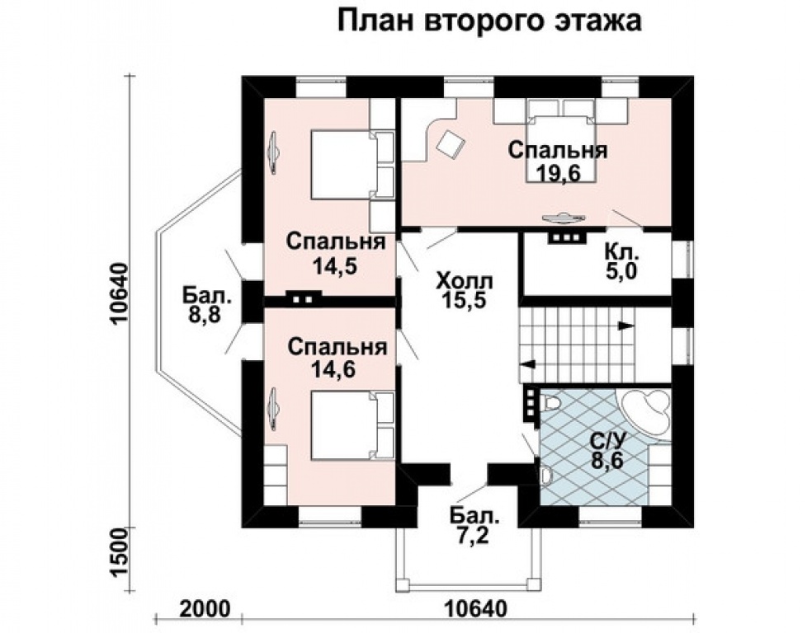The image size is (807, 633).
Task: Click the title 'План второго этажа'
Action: tap(489, 22)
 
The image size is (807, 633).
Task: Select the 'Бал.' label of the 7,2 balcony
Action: tap(475, 517)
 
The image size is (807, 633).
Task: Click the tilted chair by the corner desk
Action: tap(451, 144)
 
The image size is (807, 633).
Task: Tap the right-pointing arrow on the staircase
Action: tap(626, 326)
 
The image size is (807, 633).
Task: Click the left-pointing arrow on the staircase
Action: tap(526, 363)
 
